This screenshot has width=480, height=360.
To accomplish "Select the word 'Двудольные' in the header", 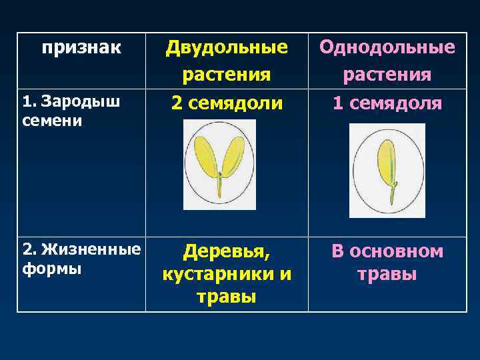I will (x=227, y=48).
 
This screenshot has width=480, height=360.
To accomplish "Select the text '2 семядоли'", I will (x=227, y=103).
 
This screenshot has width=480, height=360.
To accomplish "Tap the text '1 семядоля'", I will (x=387, y=103).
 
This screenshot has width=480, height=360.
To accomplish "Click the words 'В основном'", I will (x=387, y=252).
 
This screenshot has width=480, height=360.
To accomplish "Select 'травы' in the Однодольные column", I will (x=387, y=274).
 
